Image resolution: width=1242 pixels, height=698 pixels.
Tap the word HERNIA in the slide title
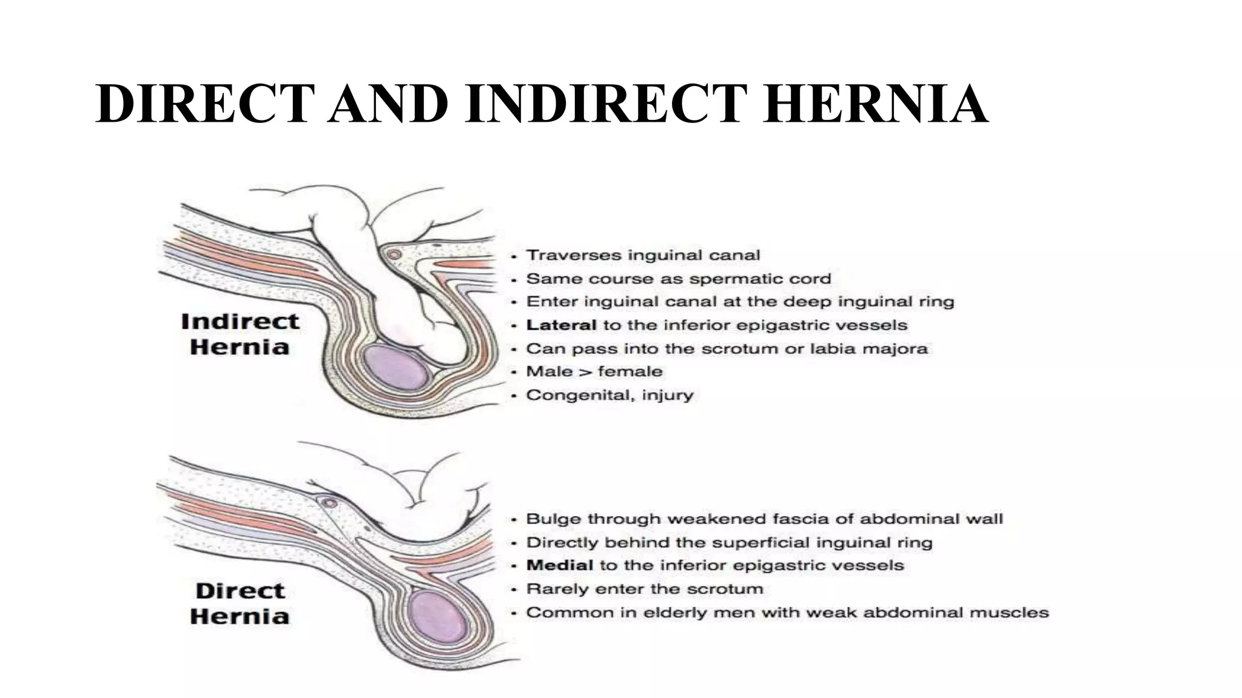pos(874,104)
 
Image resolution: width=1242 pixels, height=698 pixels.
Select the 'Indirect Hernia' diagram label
pos(240,334)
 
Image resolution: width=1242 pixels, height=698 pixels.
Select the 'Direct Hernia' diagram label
pos(240,603)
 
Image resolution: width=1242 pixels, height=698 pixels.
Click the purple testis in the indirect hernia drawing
pos(396,367)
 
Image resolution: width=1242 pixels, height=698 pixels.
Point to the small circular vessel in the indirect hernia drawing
pos(394,255)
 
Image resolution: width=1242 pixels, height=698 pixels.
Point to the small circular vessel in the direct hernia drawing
pos(329,503)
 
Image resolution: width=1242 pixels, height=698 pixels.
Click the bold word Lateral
pos(561,325)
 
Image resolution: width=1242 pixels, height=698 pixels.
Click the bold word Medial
pos(559,565)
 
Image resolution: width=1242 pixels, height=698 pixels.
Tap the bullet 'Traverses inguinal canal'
pos(643,255)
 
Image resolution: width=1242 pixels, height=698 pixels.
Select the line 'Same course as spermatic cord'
pos(678,279)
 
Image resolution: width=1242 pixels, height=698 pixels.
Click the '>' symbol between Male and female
pos(585,371)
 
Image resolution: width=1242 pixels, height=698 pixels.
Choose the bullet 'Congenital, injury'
pos(609,395)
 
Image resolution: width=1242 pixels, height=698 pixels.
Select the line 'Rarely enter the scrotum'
pos(644,589)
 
